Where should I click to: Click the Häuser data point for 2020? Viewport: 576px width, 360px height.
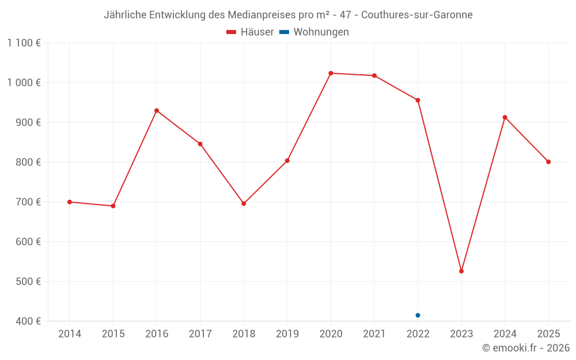331,73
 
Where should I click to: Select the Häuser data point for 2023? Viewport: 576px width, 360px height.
461,271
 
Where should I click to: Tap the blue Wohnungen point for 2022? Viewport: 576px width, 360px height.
418,315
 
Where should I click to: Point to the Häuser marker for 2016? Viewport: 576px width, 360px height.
157,111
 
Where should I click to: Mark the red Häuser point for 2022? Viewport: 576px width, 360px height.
418,100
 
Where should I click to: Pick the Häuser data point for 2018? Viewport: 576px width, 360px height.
244,203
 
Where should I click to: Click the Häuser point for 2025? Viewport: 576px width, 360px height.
548,162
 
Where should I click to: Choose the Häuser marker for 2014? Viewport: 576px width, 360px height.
70,202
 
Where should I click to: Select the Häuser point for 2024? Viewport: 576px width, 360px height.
505,118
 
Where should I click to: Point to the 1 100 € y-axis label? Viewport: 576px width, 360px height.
24,43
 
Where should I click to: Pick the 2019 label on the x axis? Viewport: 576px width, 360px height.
287,334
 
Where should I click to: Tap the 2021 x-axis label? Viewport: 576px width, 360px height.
374,334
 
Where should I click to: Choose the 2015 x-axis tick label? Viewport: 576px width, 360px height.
113,334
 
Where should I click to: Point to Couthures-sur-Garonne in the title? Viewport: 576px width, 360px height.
417,15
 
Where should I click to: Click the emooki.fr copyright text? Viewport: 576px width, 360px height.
526,348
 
